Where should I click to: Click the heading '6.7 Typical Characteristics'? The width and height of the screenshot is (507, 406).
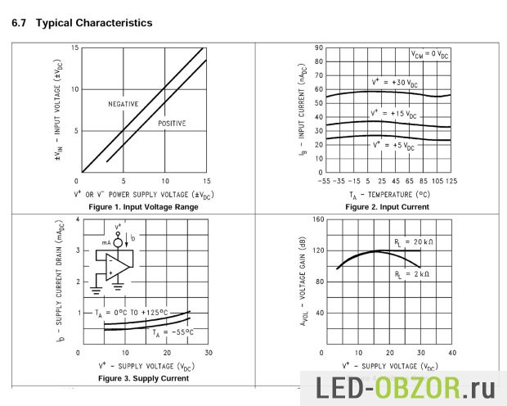coord(82,23)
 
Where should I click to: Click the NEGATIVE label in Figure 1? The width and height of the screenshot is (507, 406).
coord(123,104)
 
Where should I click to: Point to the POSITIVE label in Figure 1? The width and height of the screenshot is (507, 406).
coord(172,124)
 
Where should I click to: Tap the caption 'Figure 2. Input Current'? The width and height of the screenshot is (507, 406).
coord(387,207)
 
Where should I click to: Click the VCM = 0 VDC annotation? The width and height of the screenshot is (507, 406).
coord(429,55)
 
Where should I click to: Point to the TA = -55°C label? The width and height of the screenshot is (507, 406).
coord(172,332)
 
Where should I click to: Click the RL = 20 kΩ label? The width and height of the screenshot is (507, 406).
coord(413,242)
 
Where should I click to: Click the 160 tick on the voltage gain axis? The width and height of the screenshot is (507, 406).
coord(319,220)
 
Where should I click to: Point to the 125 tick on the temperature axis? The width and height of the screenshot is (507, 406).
coord(451,181)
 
